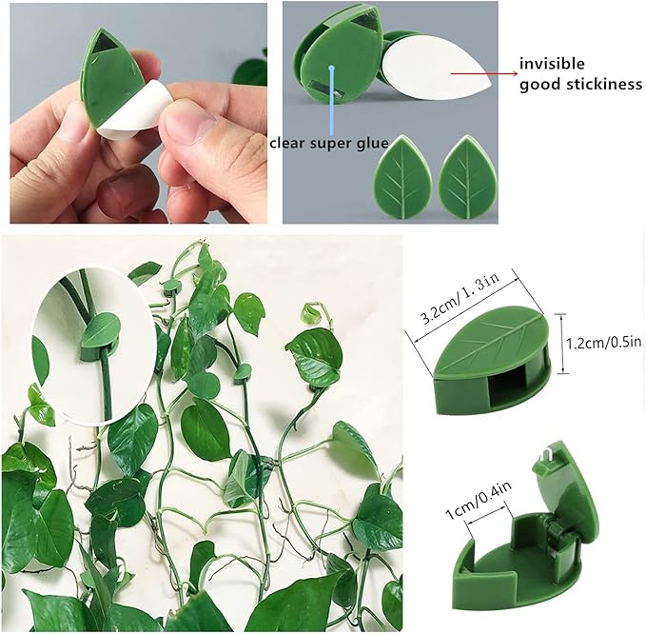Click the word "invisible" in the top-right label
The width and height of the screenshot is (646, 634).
tap(553, 65)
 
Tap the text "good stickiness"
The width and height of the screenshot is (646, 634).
tap(580, 85)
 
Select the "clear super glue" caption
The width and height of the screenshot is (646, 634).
tap(328, 143)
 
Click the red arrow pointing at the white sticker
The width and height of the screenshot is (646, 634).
tap(480, 72)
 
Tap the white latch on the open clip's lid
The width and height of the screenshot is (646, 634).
tap(546, 461)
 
